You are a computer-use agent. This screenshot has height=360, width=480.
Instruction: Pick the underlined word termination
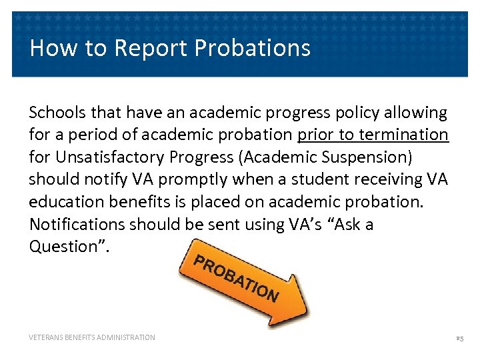pyautogui.click(x=406, y=135)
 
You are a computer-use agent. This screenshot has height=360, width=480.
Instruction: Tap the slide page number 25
pyautogui.click(x=459, y=339)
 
